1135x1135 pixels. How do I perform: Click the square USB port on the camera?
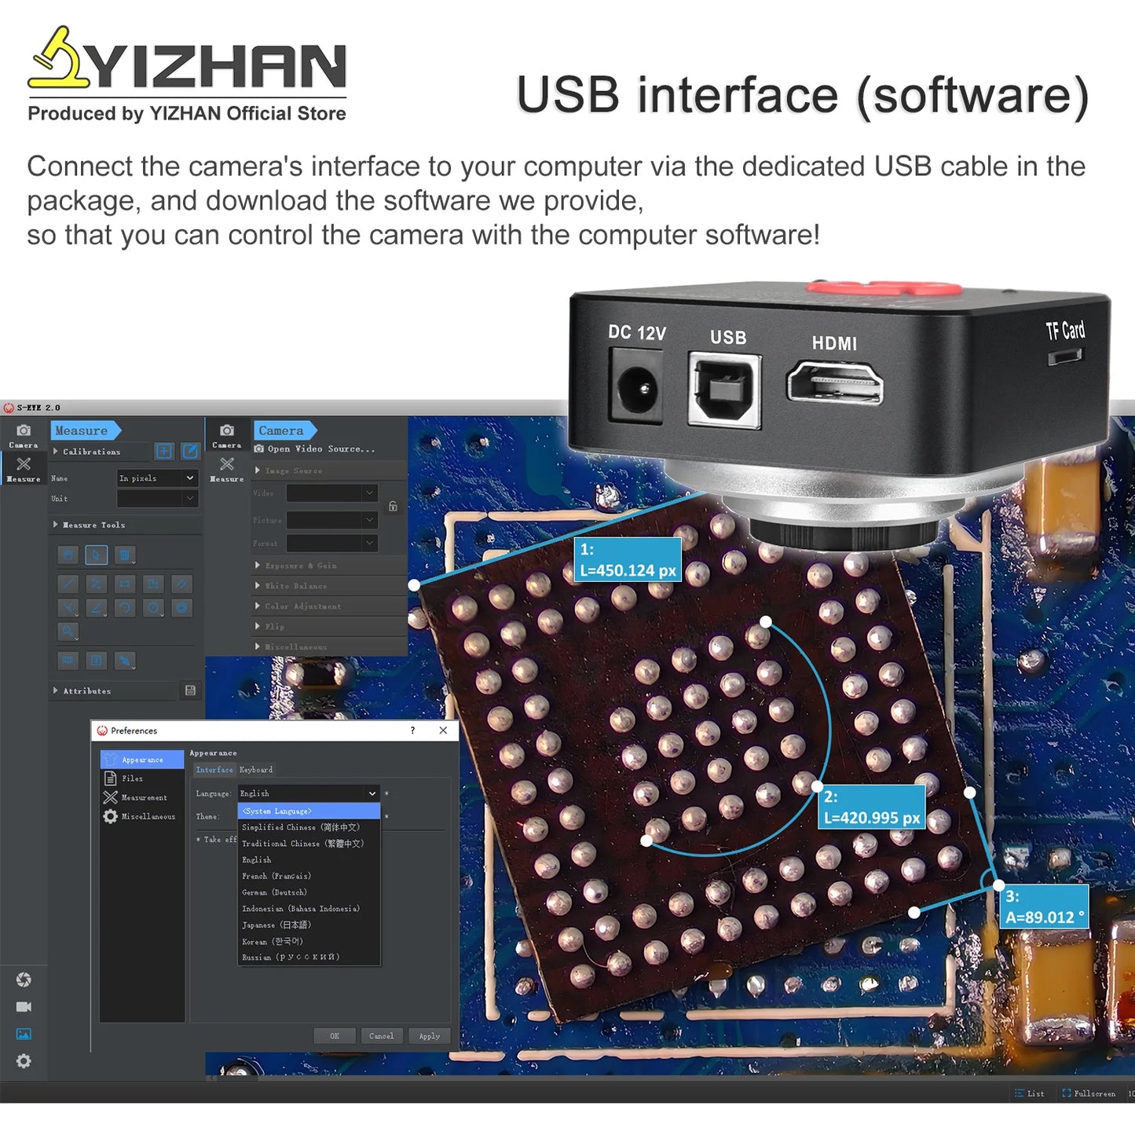pos(724,390)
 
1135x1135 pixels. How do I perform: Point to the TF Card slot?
pos(1064,357)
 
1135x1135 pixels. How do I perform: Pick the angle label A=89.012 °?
pos(1044,907)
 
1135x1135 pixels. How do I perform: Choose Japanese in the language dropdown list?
pos(276,925)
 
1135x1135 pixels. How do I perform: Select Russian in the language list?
pos(291,957)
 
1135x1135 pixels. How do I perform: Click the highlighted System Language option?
pos(308,811)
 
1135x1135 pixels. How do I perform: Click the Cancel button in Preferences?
pos(382,1036)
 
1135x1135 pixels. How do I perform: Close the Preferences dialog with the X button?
pos(443,730)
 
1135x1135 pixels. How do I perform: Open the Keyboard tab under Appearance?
pos(256,770)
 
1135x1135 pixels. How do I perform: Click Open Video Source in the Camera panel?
pos(320,449)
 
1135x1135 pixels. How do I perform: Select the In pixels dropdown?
pos(156,478)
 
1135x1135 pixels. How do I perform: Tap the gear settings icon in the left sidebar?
pos(24,1061)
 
